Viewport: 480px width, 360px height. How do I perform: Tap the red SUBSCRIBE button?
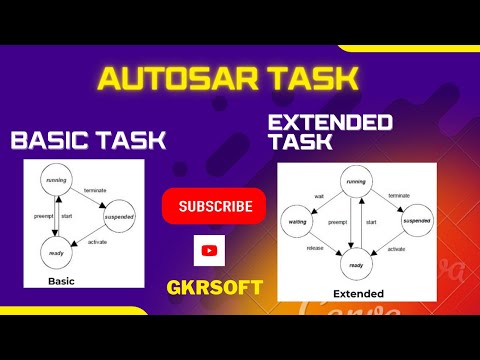pyautogui.click(x=214, y=207)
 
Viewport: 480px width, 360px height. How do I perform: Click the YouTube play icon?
pyautogui.click(x=209, y=250)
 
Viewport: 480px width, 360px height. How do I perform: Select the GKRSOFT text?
pyautogui.click(x=214, y=288)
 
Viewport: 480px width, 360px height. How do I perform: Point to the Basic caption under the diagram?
pyautogui.click(x=61, y=282)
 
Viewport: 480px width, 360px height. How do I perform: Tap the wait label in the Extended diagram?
pyautogui.click(x=319, y=196)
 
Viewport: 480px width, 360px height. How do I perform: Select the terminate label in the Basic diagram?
pyautogui.click(x=95, y=188)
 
